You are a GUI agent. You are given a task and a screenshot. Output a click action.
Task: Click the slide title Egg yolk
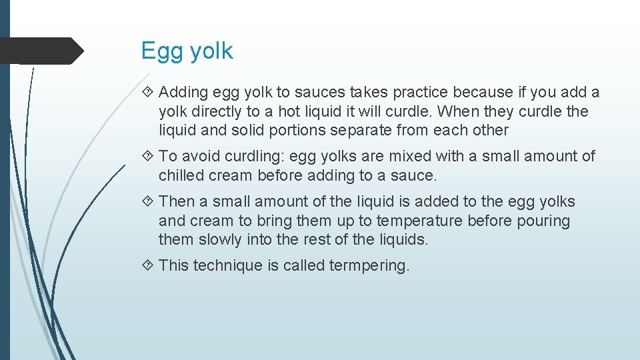(187, 51)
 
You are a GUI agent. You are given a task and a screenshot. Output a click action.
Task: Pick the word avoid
(201, 156)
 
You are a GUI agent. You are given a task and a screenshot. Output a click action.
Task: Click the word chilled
(183, 175)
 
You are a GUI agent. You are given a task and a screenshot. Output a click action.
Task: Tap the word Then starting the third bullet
(177, 201)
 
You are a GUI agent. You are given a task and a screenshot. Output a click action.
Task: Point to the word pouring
(543, 221)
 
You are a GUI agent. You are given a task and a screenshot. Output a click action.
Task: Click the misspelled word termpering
(369, 265)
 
